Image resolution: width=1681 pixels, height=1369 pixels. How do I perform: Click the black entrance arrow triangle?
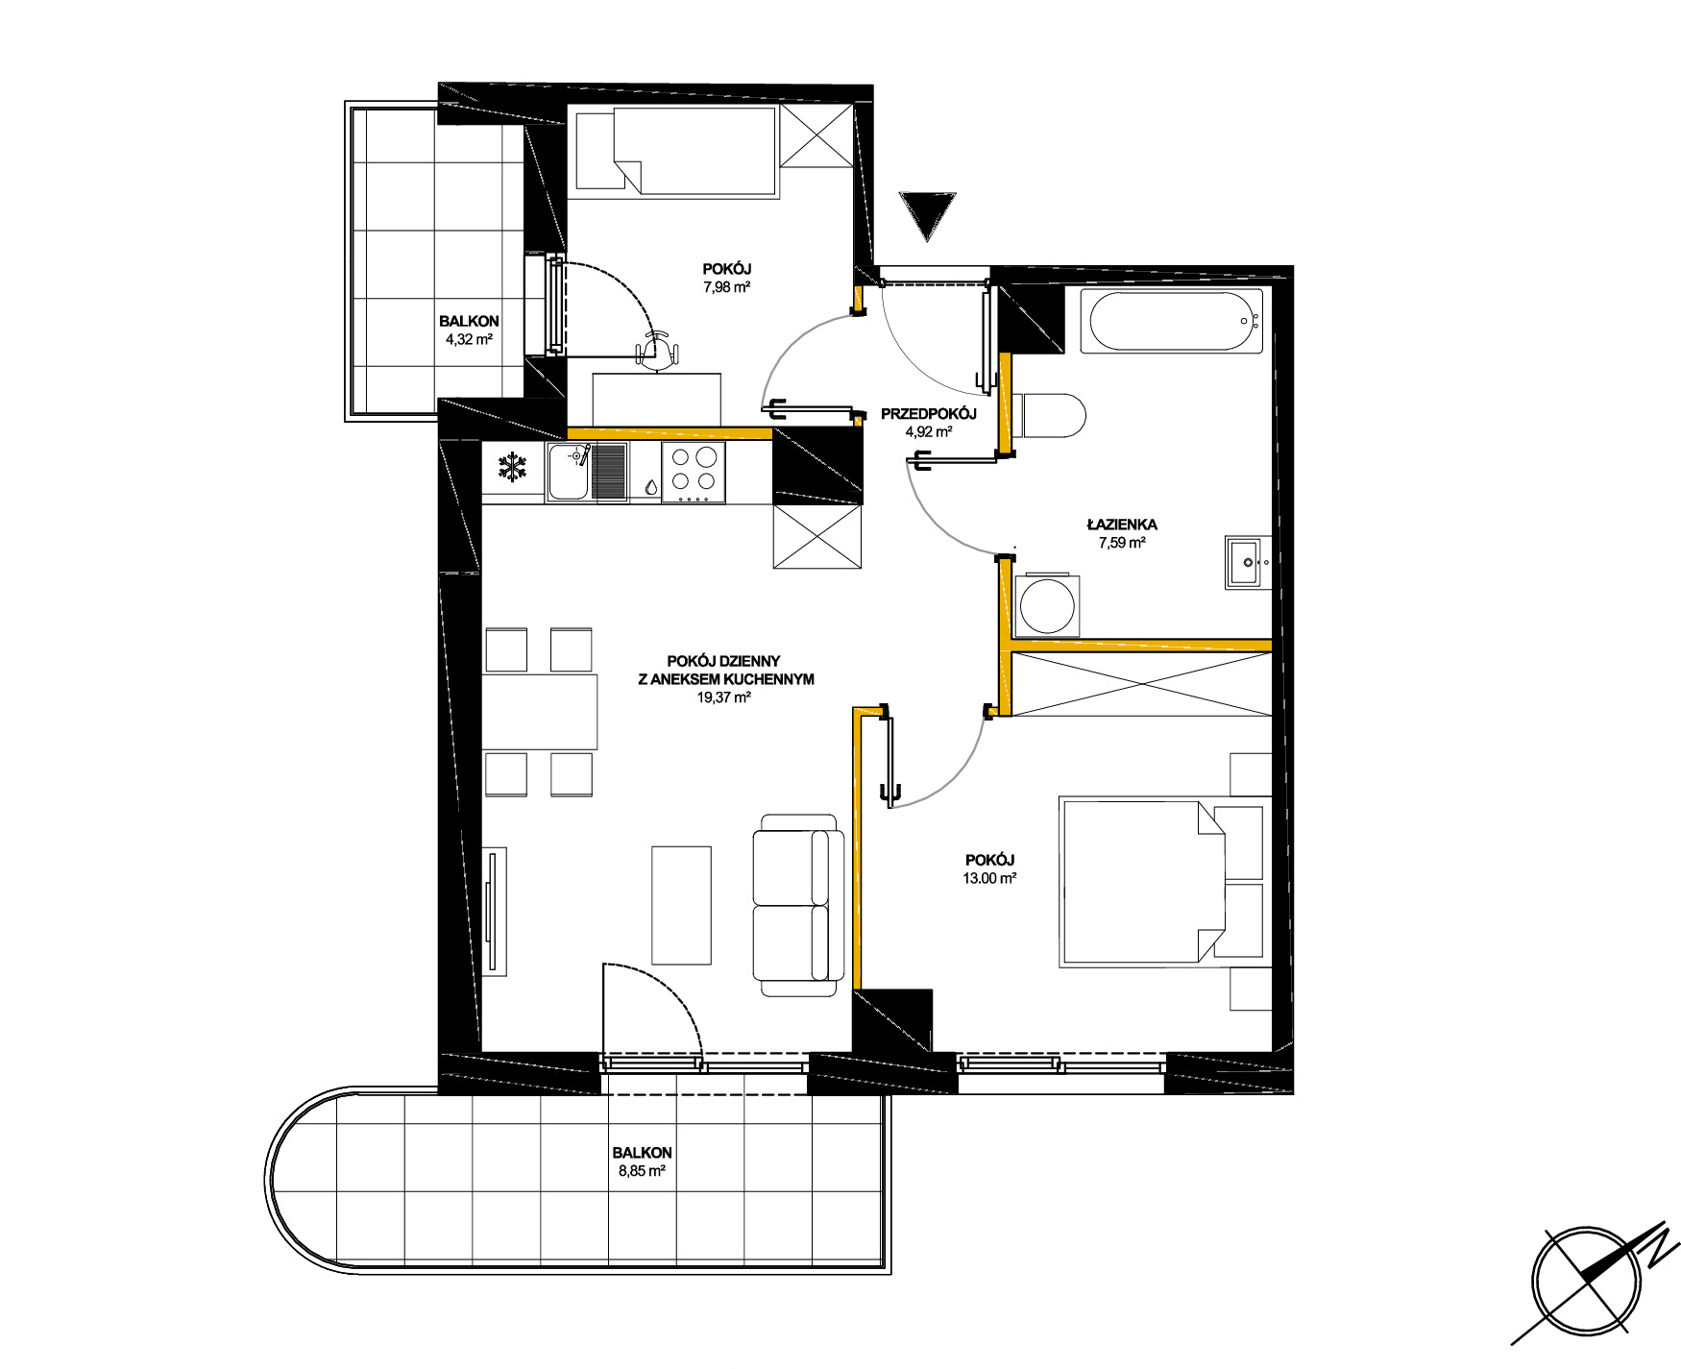click(927, 213)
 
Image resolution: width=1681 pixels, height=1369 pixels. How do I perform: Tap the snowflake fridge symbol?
click(512, 468)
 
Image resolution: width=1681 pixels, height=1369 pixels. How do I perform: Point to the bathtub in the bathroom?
click(1170, 322)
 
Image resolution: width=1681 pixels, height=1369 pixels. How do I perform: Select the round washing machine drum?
click(1046, 605)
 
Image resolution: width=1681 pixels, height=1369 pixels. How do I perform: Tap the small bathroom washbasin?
click(1247, 562)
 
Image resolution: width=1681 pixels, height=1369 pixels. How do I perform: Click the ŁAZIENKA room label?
click(1122, 525)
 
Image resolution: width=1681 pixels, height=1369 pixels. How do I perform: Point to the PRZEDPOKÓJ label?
click(929, 414)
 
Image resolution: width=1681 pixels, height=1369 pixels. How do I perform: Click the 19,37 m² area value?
click(724, 697)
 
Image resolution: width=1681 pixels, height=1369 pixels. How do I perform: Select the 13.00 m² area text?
click(990, 878)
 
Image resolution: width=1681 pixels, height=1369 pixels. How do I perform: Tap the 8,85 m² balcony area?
click(642, 1171)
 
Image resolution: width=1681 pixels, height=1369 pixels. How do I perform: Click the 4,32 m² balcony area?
click(469, 339)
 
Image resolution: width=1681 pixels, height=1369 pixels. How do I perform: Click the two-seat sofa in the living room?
click(798, 905)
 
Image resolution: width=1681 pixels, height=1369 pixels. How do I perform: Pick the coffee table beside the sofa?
click(682, 905)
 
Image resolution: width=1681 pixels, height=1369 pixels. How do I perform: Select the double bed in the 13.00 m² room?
click(1161, 881)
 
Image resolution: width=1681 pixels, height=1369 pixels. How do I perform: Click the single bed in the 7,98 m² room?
click(676, 151)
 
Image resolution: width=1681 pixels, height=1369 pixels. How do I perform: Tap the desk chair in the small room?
click(658, 350)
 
